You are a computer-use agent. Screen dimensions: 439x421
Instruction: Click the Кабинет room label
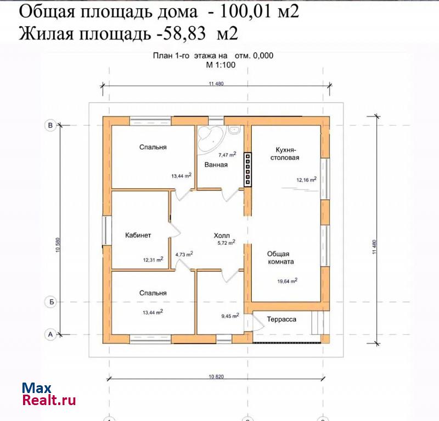tap(138, 235)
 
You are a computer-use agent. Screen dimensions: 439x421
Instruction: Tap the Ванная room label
tap(216, 165)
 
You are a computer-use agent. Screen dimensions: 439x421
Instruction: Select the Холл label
tap(222, 235)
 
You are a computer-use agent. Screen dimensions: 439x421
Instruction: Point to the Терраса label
tap(282, 319)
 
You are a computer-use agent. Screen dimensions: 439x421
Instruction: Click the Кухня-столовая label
tap(285, 154)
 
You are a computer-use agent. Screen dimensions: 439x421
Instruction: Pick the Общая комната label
tap(280, 257)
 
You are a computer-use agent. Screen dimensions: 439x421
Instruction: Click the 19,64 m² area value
tap(287, 281)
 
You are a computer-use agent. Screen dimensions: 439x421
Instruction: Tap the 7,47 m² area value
tap(227, 154)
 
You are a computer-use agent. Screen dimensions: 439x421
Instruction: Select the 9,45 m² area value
tap(230, 316)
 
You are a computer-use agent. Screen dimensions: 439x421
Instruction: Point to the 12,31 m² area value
tap(153, 260)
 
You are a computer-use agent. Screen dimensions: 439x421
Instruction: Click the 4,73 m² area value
tap(184, 254)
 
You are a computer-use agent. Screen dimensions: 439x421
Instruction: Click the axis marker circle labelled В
tap(50, 125)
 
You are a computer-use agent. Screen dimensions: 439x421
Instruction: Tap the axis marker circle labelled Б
tap(50, 302)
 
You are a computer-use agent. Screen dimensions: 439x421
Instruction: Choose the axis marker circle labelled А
tap(50, 334)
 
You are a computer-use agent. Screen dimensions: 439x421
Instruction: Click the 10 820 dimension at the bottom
tap(216, 377)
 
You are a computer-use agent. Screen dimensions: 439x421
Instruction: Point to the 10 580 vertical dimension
tap(58, 245)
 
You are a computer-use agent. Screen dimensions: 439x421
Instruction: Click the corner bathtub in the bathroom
tap(210, 139)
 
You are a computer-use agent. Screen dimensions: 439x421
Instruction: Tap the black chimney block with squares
tap(248, 169)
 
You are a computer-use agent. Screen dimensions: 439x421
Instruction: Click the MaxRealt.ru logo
tap(49, 394)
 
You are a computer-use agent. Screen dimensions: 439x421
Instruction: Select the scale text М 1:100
tap(221, 65)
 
